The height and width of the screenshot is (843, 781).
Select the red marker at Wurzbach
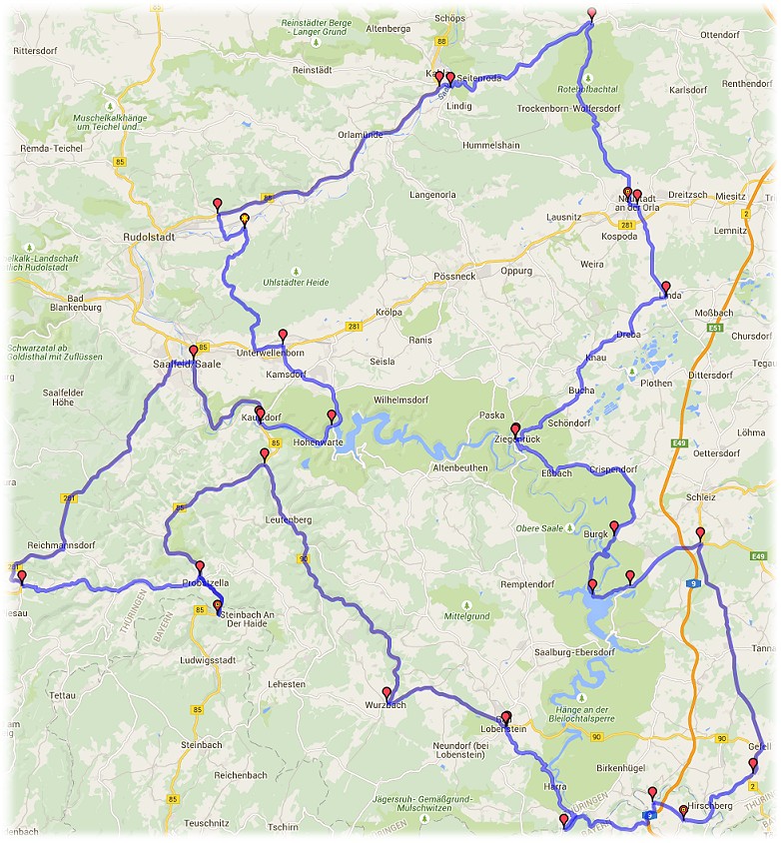387,692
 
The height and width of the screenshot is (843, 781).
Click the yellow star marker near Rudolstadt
244,220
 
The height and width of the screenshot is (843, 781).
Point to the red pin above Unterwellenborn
283,336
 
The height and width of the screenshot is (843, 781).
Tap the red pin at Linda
666,288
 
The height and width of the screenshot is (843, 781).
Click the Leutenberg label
289,520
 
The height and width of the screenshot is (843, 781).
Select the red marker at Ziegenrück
515,430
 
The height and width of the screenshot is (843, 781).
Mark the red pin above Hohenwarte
332,417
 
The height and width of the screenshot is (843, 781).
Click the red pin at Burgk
614,527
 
